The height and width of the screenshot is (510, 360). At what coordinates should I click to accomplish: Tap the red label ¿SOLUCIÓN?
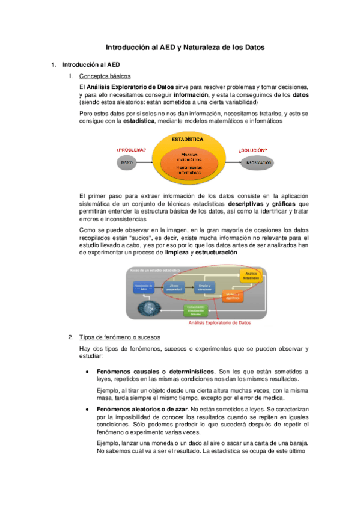coord(252,150)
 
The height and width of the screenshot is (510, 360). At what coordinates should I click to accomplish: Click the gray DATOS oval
coord(127,162)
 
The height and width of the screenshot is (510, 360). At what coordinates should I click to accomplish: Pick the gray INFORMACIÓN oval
coord(255,162)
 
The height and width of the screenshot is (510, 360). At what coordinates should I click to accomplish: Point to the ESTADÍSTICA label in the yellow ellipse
coord(187,140)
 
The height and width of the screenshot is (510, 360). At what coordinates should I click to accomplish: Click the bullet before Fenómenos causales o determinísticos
coord(89,372)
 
